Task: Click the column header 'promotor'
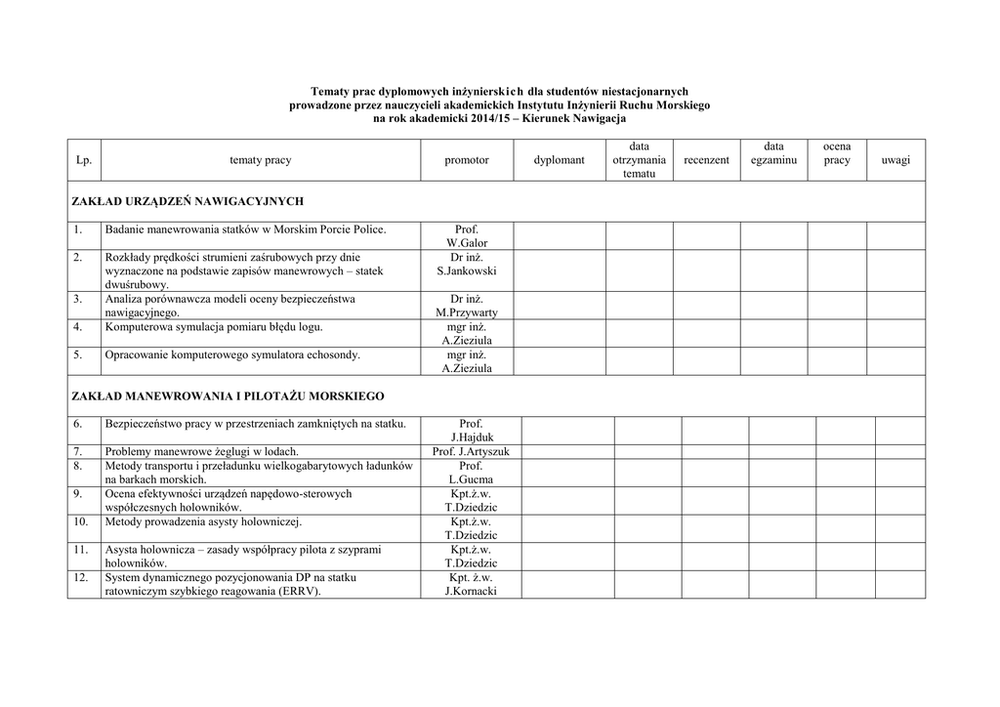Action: click(467, 160)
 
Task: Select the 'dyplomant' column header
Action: click(560, 160)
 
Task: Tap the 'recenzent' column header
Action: click(706, 160)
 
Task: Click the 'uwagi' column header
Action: click(895, 160)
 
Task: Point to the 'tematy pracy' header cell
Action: click(261, 160)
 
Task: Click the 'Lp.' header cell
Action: click(84, 160)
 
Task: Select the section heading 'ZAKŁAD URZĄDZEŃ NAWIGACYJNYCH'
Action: click(188, 201)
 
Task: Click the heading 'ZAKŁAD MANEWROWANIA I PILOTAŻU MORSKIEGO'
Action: click(229, 396)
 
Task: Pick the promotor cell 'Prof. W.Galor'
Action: click(467, 236)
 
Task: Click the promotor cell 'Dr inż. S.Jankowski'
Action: click(467, 264)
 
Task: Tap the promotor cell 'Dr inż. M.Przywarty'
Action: click(467, 306)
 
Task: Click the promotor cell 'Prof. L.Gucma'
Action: click(471, 473)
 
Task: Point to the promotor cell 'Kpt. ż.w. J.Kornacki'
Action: click(471, 584)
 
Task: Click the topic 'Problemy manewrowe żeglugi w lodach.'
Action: click(201, 451)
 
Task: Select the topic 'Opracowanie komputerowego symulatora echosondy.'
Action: click(232, 354)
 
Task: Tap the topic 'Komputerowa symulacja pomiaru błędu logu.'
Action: click(214, 326)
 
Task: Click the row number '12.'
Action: click(82, 577)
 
